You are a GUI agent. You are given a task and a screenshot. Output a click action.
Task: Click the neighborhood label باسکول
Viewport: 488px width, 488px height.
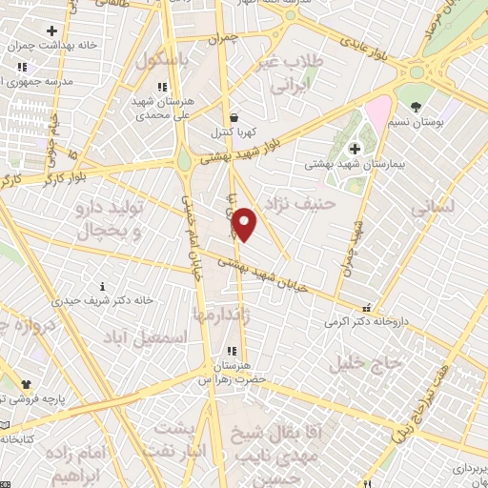click(163, 60)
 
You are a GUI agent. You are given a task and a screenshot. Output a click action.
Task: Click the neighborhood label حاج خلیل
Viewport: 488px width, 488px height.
click(354, 363)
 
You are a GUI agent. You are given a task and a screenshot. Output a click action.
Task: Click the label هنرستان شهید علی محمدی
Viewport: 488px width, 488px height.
click(175, 107)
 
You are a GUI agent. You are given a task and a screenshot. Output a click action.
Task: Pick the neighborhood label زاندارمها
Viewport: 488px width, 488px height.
click(221, 314)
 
